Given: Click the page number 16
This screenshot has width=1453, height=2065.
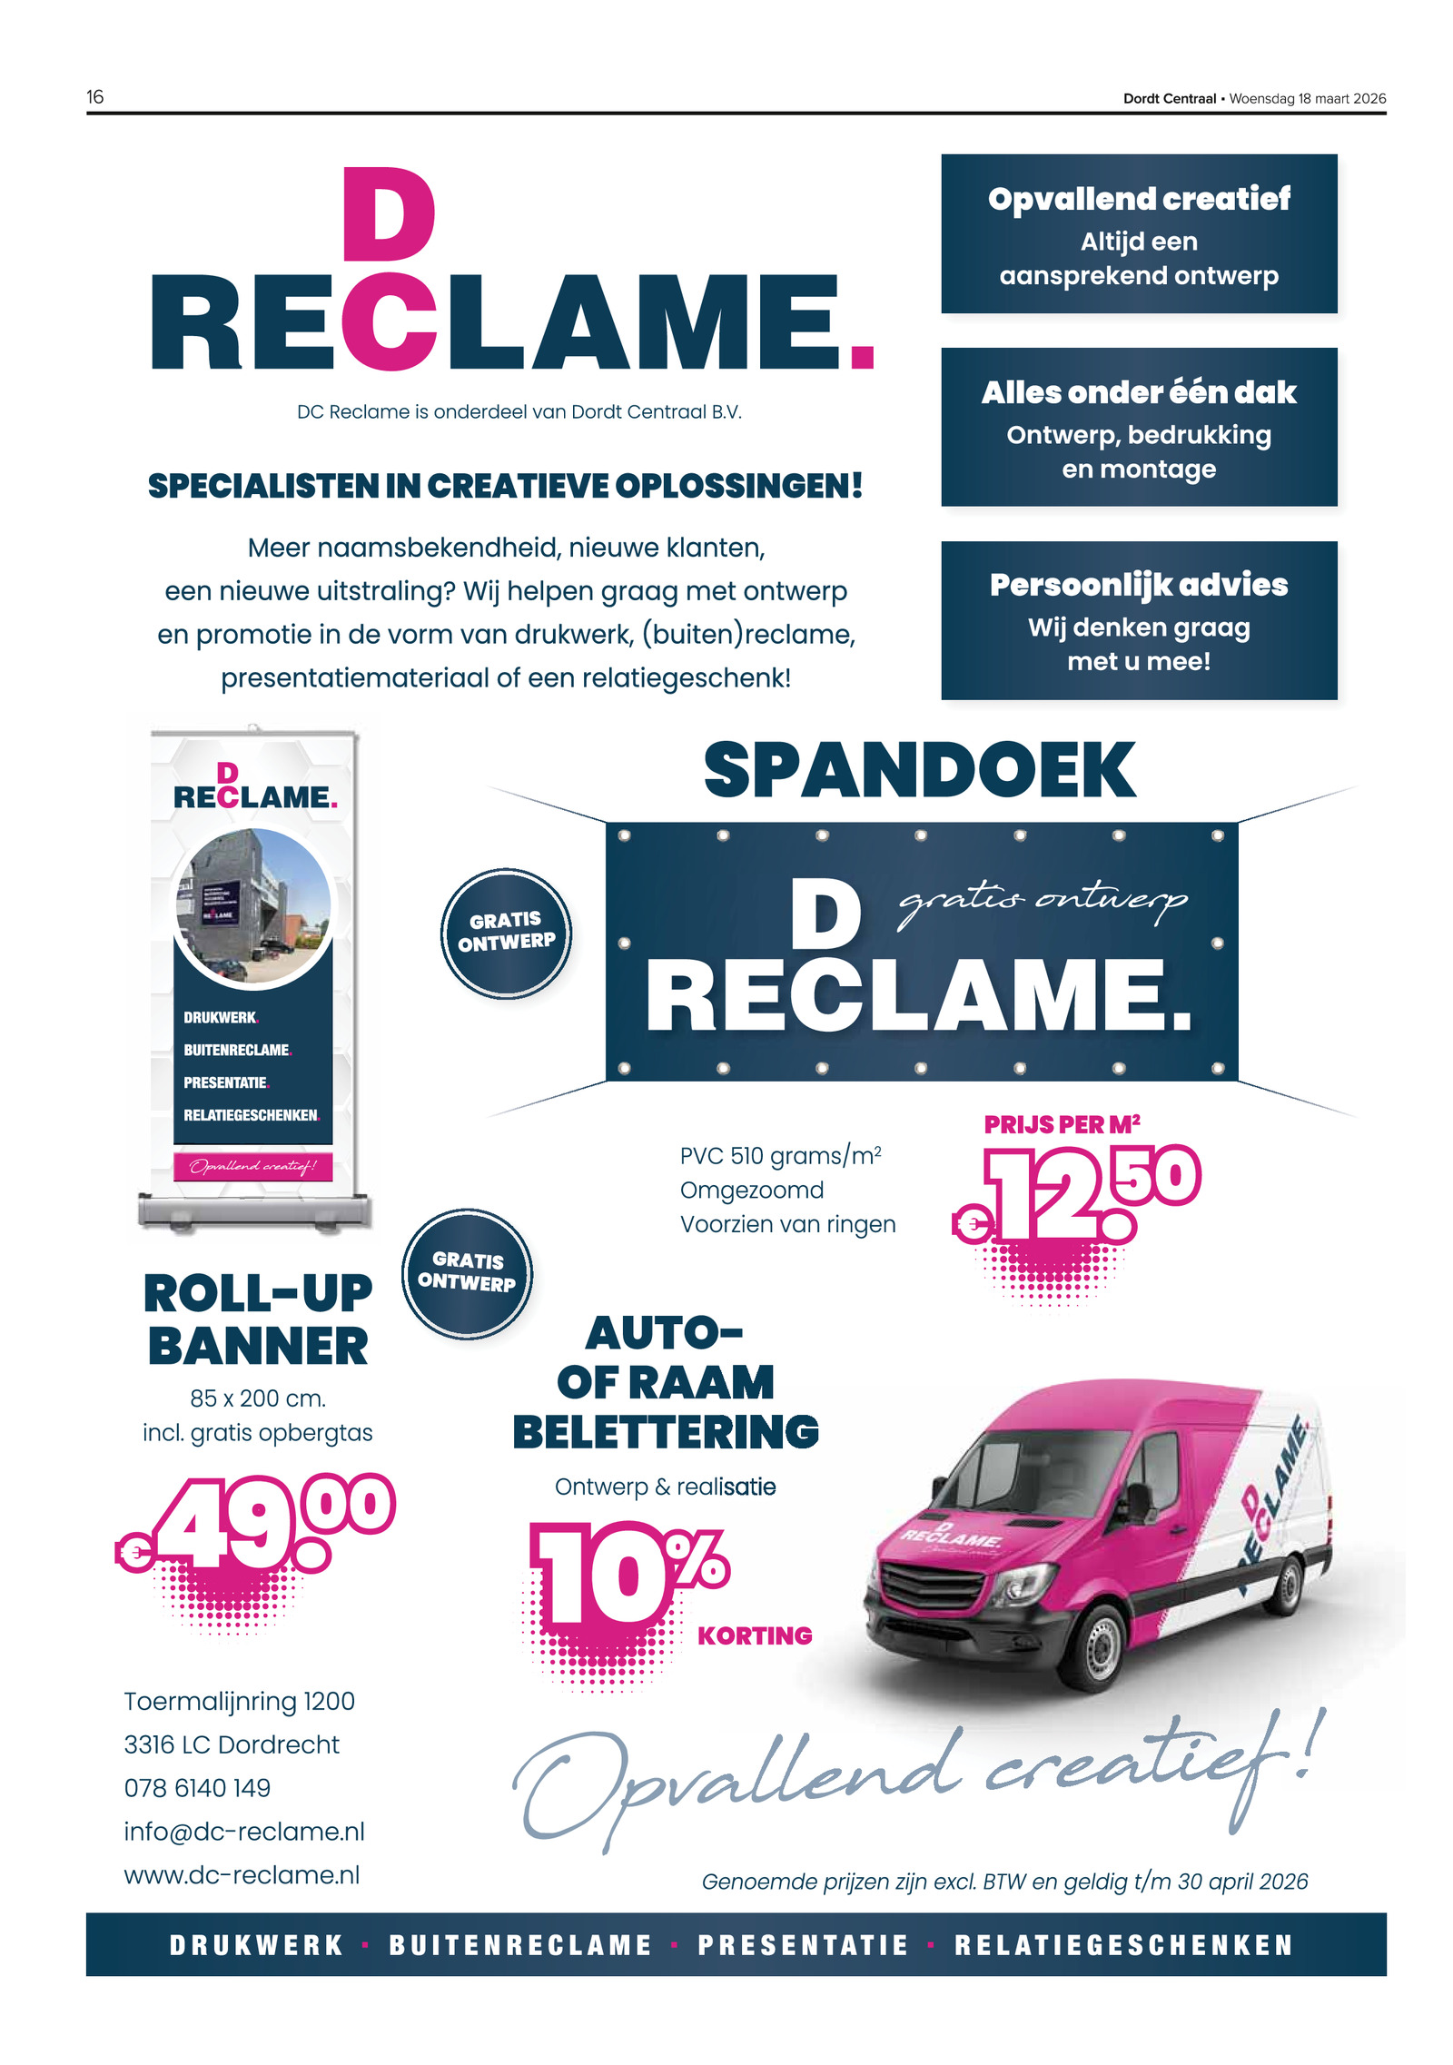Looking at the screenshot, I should click(x=95, y=97).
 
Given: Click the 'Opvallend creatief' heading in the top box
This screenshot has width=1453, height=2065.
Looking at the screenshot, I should click(x=1138, y=199).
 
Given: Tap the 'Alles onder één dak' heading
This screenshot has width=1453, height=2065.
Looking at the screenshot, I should click(x=1138, y=392).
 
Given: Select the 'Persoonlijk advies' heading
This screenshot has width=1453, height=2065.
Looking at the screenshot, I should click(x=1138, y=585).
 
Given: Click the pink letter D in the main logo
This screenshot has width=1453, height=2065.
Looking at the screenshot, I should click(x=389, y=216).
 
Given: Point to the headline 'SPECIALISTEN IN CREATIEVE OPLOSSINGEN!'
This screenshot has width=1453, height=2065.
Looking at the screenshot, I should click(x=505, y=486).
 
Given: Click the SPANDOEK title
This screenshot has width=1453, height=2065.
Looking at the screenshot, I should click(x=919, y=770).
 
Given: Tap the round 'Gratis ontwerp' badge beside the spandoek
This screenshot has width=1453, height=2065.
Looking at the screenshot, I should click(x=506, y=933).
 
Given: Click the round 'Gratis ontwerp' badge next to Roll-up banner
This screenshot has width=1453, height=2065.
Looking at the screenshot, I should click(x=467, y=1272).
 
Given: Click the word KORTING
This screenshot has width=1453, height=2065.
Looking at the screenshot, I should click(x=754, y=1635).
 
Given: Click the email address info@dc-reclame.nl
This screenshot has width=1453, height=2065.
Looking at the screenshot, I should click(x=244, y=1832).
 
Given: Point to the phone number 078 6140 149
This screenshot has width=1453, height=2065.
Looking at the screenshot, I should click(x=197, y=1788).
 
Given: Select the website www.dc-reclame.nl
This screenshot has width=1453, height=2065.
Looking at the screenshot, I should click(x=242, y=1875).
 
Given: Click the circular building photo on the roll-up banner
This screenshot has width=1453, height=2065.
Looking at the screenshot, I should click(x=253, y=906).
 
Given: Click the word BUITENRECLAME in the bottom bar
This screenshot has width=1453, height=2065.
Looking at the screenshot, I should click(x=520, y=1945).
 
